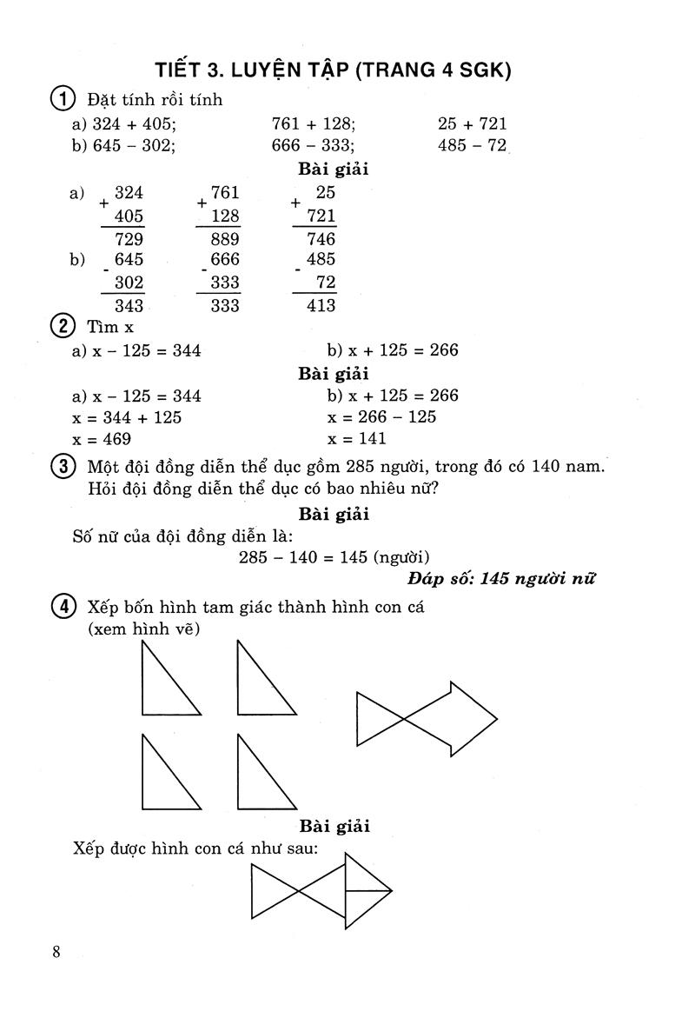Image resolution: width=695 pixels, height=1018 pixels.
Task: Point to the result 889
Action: [x=224, y=239]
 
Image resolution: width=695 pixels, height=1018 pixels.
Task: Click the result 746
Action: [x=321, y=239]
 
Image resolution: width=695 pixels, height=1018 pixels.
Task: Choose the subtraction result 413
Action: [x=321, y=305]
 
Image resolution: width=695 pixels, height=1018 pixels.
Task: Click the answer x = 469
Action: [x=103, y=439]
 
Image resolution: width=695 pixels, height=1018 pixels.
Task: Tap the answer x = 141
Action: [x=357, y=439]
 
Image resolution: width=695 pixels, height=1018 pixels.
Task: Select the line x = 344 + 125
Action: [x=128, y=417]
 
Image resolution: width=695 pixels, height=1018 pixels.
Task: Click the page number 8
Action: [x=56, y=951]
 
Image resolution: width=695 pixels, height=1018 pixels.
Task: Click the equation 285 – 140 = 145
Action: [x=304, y=557]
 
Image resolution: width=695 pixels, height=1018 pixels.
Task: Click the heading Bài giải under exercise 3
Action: [x=334, y=514]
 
